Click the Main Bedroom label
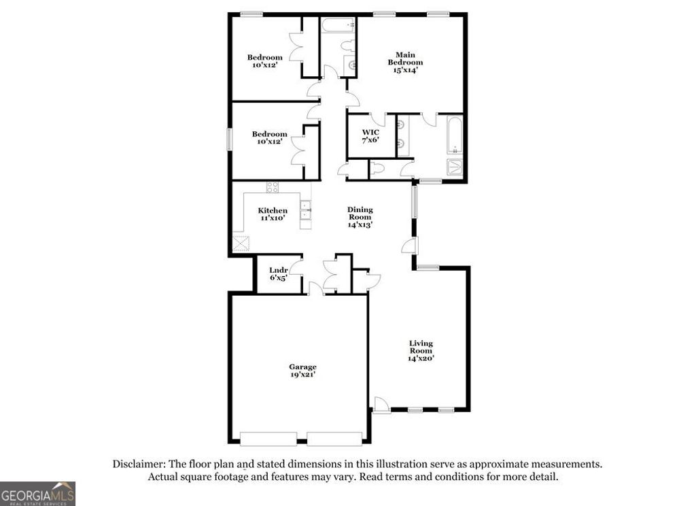click(x=405, y=62)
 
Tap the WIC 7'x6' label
click(x=370, y=135)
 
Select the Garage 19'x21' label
click(x=302, y=371)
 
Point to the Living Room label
click(x=421, y=350)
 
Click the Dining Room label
click(x=360, y=217)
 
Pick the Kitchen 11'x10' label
click(x=272, y=215)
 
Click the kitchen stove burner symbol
click(x=272, y=188)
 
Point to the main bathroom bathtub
click(x=455, y=135)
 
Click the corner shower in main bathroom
click(x=454, y=168)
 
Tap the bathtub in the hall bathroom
click(x=338, y=26)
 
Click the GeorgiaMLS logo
click(x=37, y=493)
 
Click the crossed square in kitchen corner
click(x=241, y=243)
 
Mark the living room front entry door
click(x=381, y=406)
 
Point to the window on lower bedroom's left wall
click(x=229, y=139)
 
